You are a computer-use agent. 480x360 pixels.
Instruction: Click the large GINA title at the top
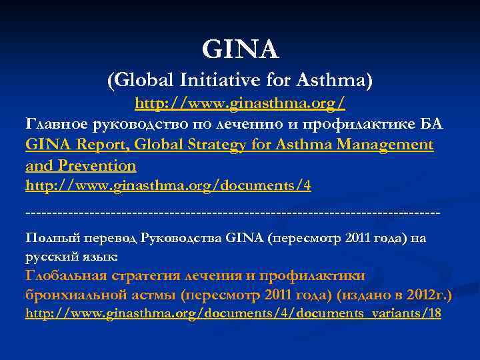point(240,49)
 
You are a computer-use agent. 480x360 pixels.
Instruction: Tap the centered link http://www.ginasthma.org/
point(240,105)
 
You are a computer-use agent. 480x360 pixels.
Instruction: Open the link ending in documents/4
point(168,185)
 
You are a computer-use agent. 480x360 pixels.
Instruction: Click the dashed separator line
point(233,213)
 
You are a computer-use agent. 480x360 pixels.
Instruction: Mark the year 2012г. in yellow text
point(433,294)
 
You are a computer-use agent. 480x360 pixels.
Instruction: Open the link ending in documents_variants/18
point(233,313)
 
